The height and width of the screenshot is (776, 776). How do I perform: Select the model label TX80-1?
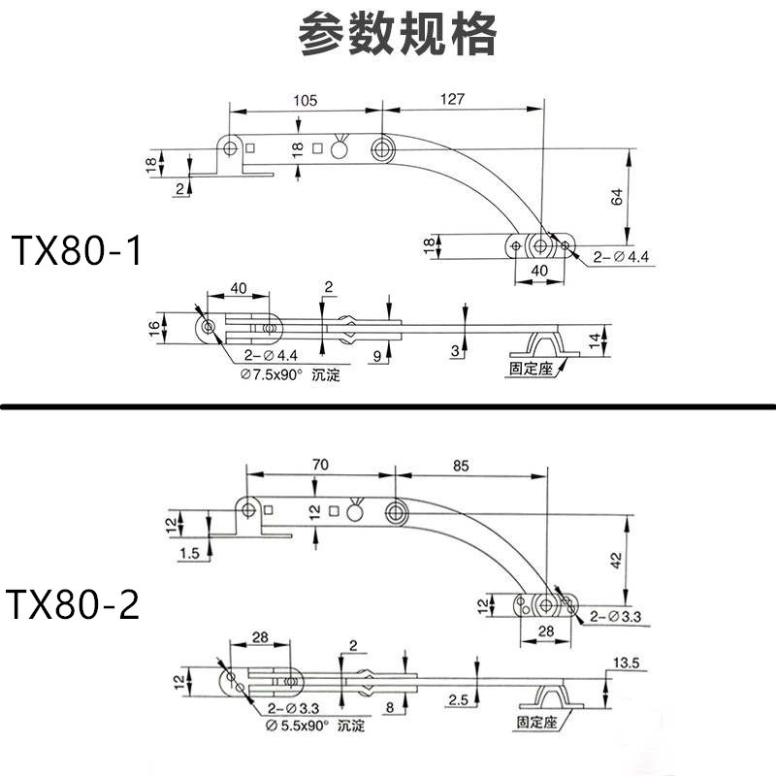point(77,251)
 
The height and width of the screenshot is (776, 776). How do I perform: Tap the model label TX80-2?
point(75,605)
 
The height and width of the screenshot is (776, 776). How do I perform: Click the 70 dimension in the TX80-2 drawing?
point(319,466)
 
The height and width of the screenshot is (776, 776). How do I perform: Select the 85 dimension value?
point(461,466)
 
